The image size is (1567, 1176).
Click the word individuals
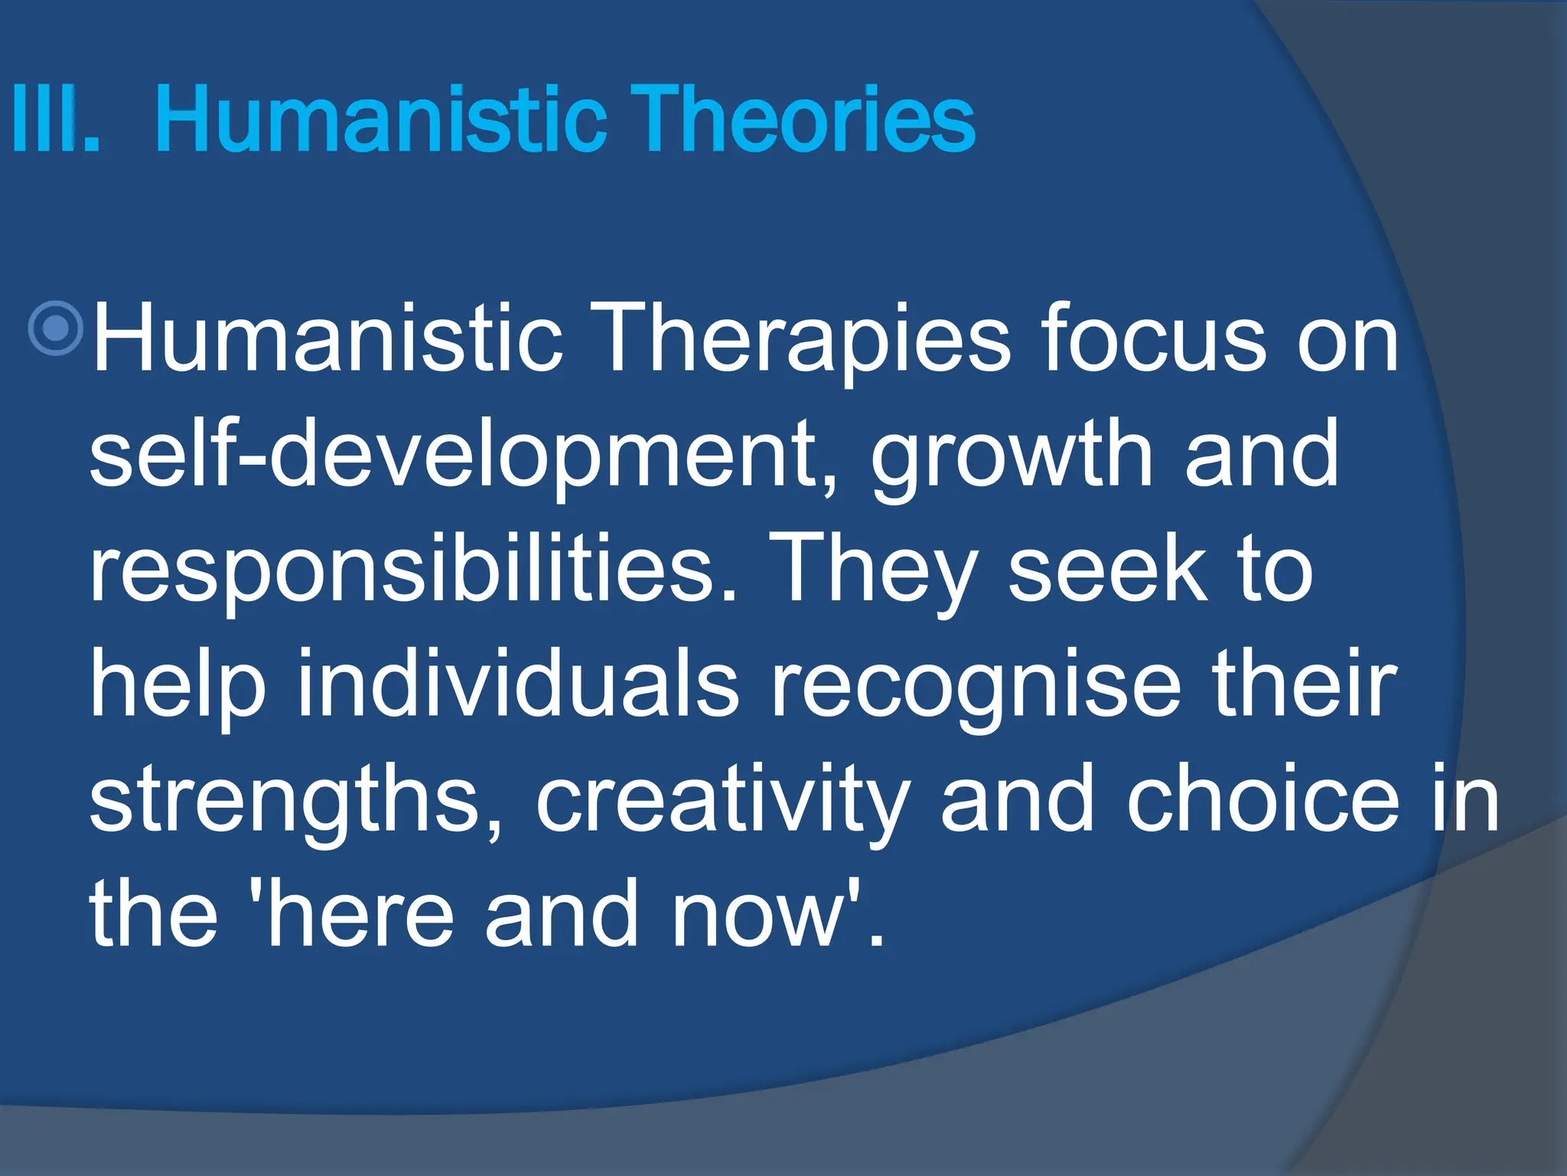pos(518,683)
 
